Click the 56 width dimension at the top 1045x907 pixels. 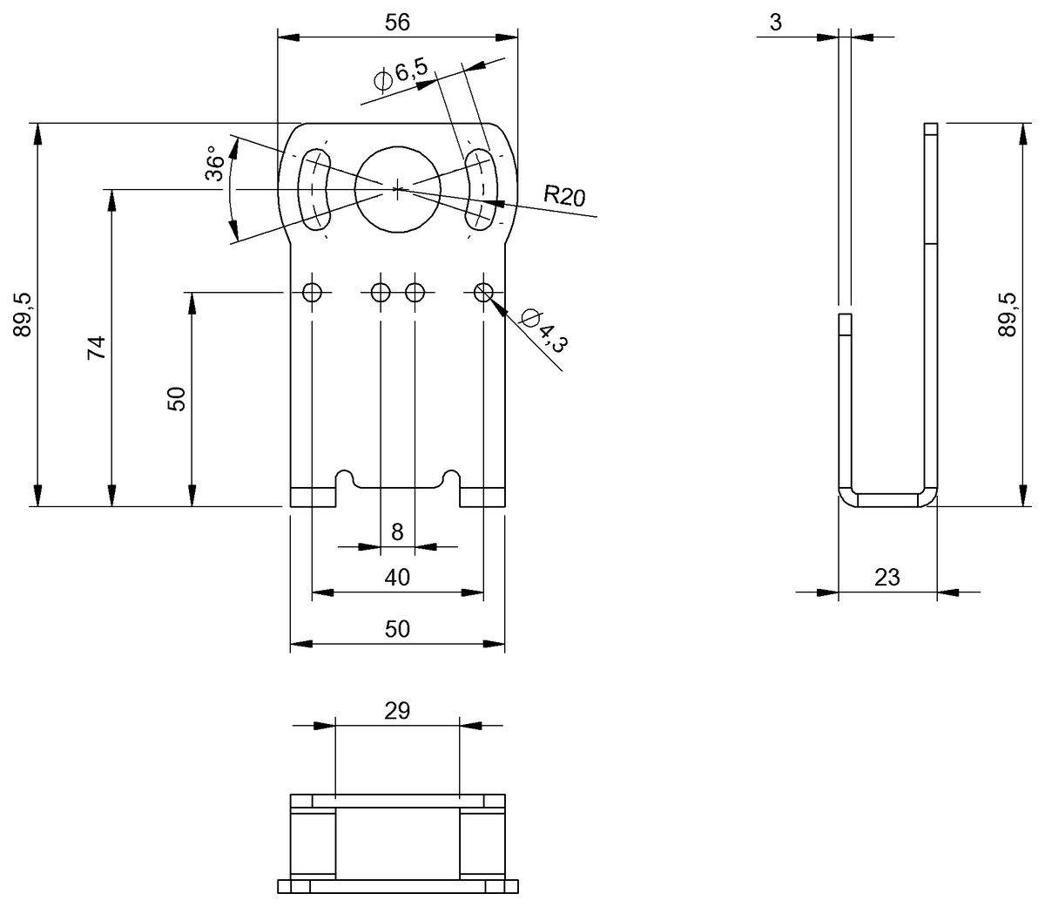click(397, 24)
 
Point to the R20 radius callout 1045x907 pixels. click(563, 195)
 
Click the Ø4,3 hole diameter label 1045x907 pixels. click(543, 330)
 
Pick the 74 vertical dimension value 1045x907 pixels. click(97, 347)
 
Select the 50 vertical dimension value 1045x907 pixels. click(177, 399)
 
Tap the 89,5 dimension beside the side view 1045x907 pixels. click(1007, 315)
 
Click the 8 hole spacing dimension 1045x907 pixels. click(397, 532)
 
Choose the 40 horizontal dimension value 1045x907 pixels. click(397, 577)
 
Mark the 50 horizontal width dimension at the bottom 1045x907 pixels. click(397, 628)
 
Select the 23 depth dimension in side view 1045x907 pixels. click(887, 577)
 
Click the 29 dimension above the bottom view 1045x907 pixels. click(397, 710)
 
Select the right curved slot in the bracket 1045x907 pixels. click(479, 188)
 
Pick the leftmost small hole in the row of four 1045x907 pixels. click(312, 292)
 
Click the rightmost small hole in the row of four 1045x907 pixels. click(483, 292)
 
